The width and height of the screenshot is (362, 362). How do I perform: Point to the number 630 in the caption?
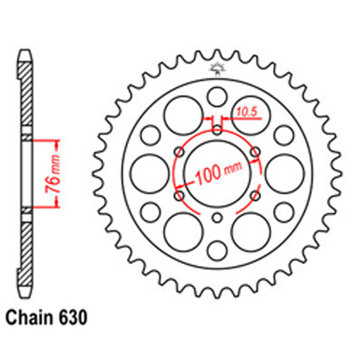tap(76, 317)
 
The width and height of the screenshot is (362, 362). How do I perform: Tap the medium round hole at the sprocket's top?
tap(216, 96)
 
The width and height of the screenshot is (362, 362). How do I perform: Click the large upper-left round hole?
tap(181, 114)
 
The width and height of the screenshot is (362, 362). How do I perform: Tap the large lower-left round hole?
tap(181, 230)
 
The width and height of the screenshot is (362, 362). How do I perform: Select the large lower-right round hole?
tap(249, 230)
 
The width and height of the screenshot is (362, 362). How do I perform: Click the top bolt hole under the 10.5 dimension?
tap(216, 130)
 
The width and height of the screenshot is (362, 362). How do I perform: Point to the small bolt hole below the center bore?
tap(216, 218)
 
